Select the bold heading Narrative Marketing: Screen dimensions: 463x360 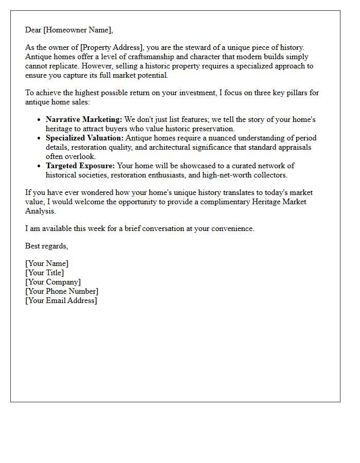point(84,120)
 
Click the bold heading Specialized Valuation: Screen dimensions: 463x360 point(85,138)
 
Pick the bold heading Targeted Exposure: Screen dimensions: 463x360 point(80,166)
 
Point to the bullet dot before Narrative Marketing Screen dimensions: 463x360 point(39,120)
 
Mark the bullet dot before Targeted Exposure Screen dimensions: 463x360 point(39,166)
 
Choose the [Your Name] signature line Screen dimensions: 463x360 point(47,264)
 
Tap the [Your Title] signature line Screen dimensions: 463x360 point(45,273)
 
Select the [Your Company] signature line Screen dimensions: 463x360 point(53,282)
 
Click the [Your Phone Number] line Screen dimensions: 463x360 point(62,292)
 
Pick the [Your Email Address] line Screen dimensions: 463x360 point(61,301)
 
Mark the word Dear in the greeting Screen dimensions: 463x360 point(33,30)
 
